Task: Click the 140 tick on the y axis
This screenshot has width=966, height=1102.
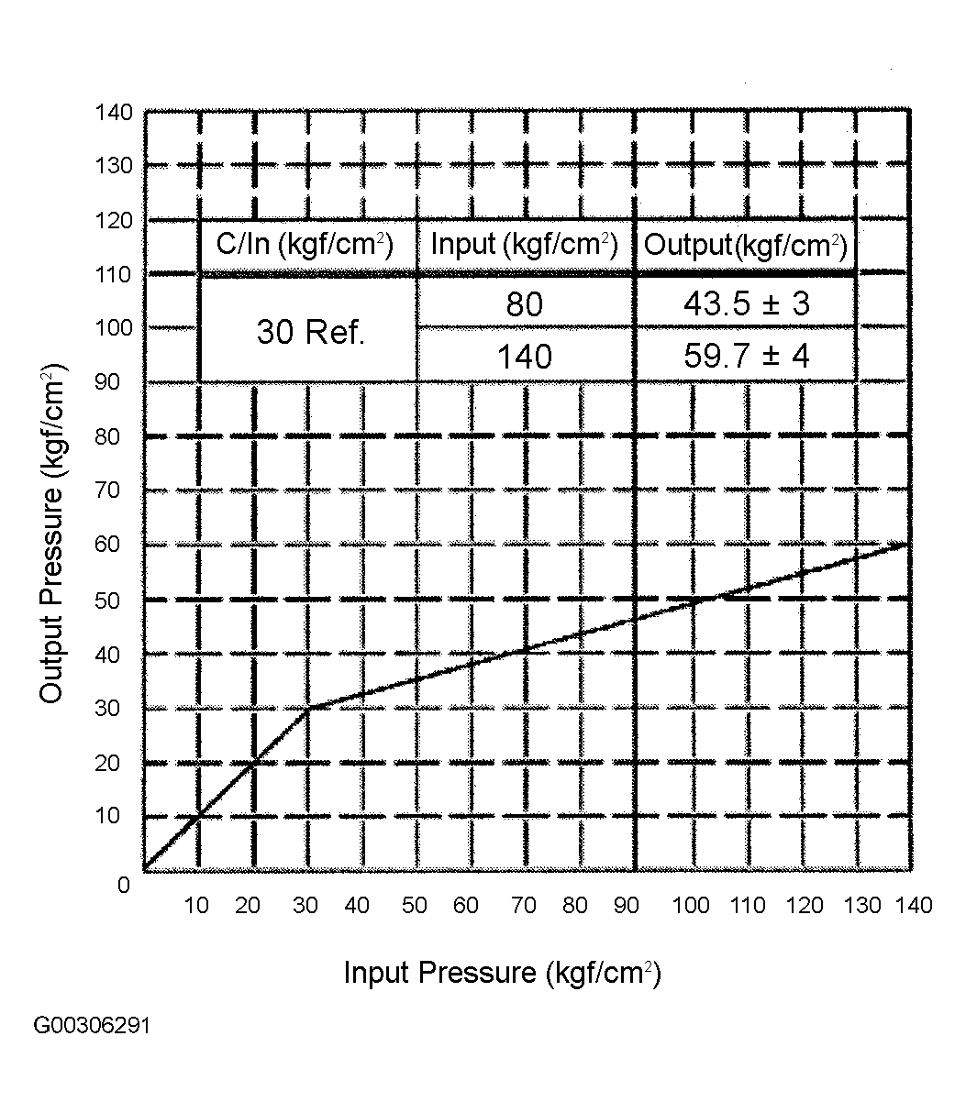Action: click(x=114, y=113)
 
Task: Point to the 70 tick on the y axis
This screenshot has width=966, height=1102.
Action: click(x=107, y=490)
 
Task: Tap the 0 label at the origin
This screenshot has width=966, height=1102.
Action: click(x=124, y=885)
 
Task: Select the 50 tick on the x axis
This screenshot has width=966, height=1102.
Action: click(x=414, y=905)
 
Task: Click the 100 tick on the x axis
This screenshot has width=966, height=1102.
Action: click(x=691, y=905)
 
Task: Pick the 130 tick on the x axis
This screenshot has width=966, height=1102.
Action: click(x=862, y=905)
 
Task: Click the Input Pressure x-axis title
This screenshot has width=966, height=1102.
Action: click(x=503, y=973)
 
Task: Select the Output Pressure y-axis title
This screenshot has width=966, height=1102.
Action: click(x=52, y=533)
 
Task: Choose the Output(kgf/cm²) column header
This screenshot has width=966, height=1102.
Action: click(x=746, y=246)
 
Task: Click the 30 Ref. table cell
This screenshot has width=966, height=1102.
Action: click(x=310, y=332)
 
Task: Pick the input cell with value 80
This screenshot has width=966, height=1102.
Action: click(x=525, y=304)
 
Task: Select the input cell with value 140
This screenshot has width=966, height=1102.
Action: click(x=525, y=357)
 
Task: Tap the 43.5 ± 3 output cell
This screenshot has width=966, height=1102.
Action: click(x=747, y=303)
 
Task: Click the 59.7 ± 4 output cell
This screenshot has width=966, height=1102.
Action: click(x=747, y=357)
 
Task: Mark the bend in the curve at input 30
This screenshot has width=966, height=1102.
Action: click(x=308, y=708)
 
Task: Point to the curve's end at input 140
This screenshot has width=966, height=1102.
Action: click(x=909, y=544)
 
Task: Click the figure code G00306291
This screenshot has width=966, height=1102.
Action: click(x=92, y=1025)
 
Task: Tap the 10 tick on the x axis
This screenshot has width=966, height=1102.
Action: click(x=196, y=905)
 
